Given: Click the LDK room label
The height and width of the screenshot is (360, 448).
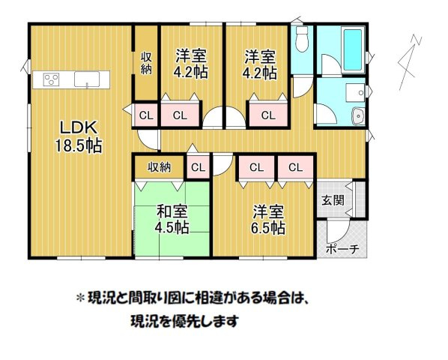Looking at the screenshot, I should pos(72,127).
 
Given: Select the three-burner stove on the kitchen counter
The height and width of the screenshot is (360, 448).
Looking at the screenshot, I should pos(52,78).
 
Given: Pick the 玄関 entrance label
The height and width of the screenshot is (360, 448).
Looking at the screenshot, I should pos(333,200).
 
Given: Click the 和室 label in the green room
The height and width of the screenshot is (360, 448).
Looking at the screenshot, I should pos(171,212).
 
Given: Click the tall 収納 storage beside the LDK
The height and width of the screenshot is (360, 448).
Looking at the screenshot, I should pos(146,63).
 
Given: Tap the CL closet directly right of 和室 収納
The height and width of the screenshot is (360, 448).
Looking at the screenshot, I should pos(199,166).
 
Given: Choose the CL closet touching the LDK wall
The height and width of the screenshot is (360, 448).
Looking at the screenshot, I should pos(146,115).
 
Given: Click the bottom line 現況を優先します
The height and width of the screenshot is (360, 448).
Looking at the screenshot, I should pos(178,322).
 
